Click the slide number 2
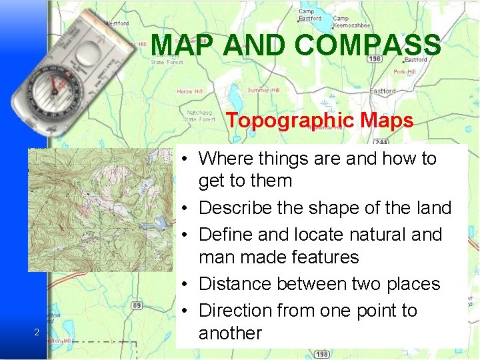(37, 333)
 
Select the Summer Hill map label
(263, 90)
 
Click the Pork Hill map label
(405, 71)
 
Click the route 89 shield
(136, 305)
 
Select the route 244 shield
(381, 142)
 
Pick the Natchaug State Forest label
(200, 116)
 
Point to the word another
(230, 333)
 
